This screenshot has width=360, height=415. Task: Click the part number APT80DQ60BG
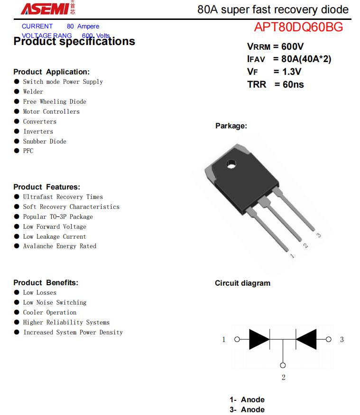[x=298, y=27]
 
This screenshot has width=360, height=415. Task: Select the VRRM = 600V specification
[x=275, y=46]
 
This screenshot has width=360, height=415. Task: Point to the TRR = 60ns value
[x=276, y=85]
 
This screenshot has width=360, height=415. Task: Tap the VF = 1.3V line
[x=274, y=72]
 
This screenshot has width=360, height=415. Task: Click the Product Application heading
[x=51, y=72]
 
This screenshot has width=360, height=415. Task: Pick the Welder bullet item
[x=33, y=92]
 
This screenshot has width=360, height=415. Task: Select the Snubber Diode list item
[x=45, y=142]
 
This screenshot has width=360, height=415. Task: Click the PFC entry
[x=28, y=151]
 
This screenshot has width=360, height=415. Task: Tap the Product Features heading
[x=46, y=187]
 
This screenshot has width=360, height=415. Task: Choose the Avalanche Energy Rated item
[x=59, y=246]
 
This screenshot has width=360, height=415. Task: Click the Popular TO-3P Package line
[x=58, y=217]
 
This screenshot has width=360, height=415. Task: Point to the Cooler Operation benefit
[x=49, y=313]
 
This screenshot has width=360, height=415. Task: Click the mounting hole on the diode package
[x=231, y=164]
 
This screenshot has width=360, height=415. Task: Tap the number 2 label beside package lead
[x=305, y=245]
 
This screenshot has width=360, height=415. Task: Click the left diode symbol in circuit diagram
[x=259, y=339]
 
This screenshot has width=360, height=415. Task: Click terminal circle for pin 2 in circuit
[x=283, y=365]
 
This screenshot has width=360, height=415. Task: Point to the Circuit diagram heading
[x=242, y=283]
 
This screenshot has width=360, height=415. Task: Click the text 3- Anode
[x=247, y=410]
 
